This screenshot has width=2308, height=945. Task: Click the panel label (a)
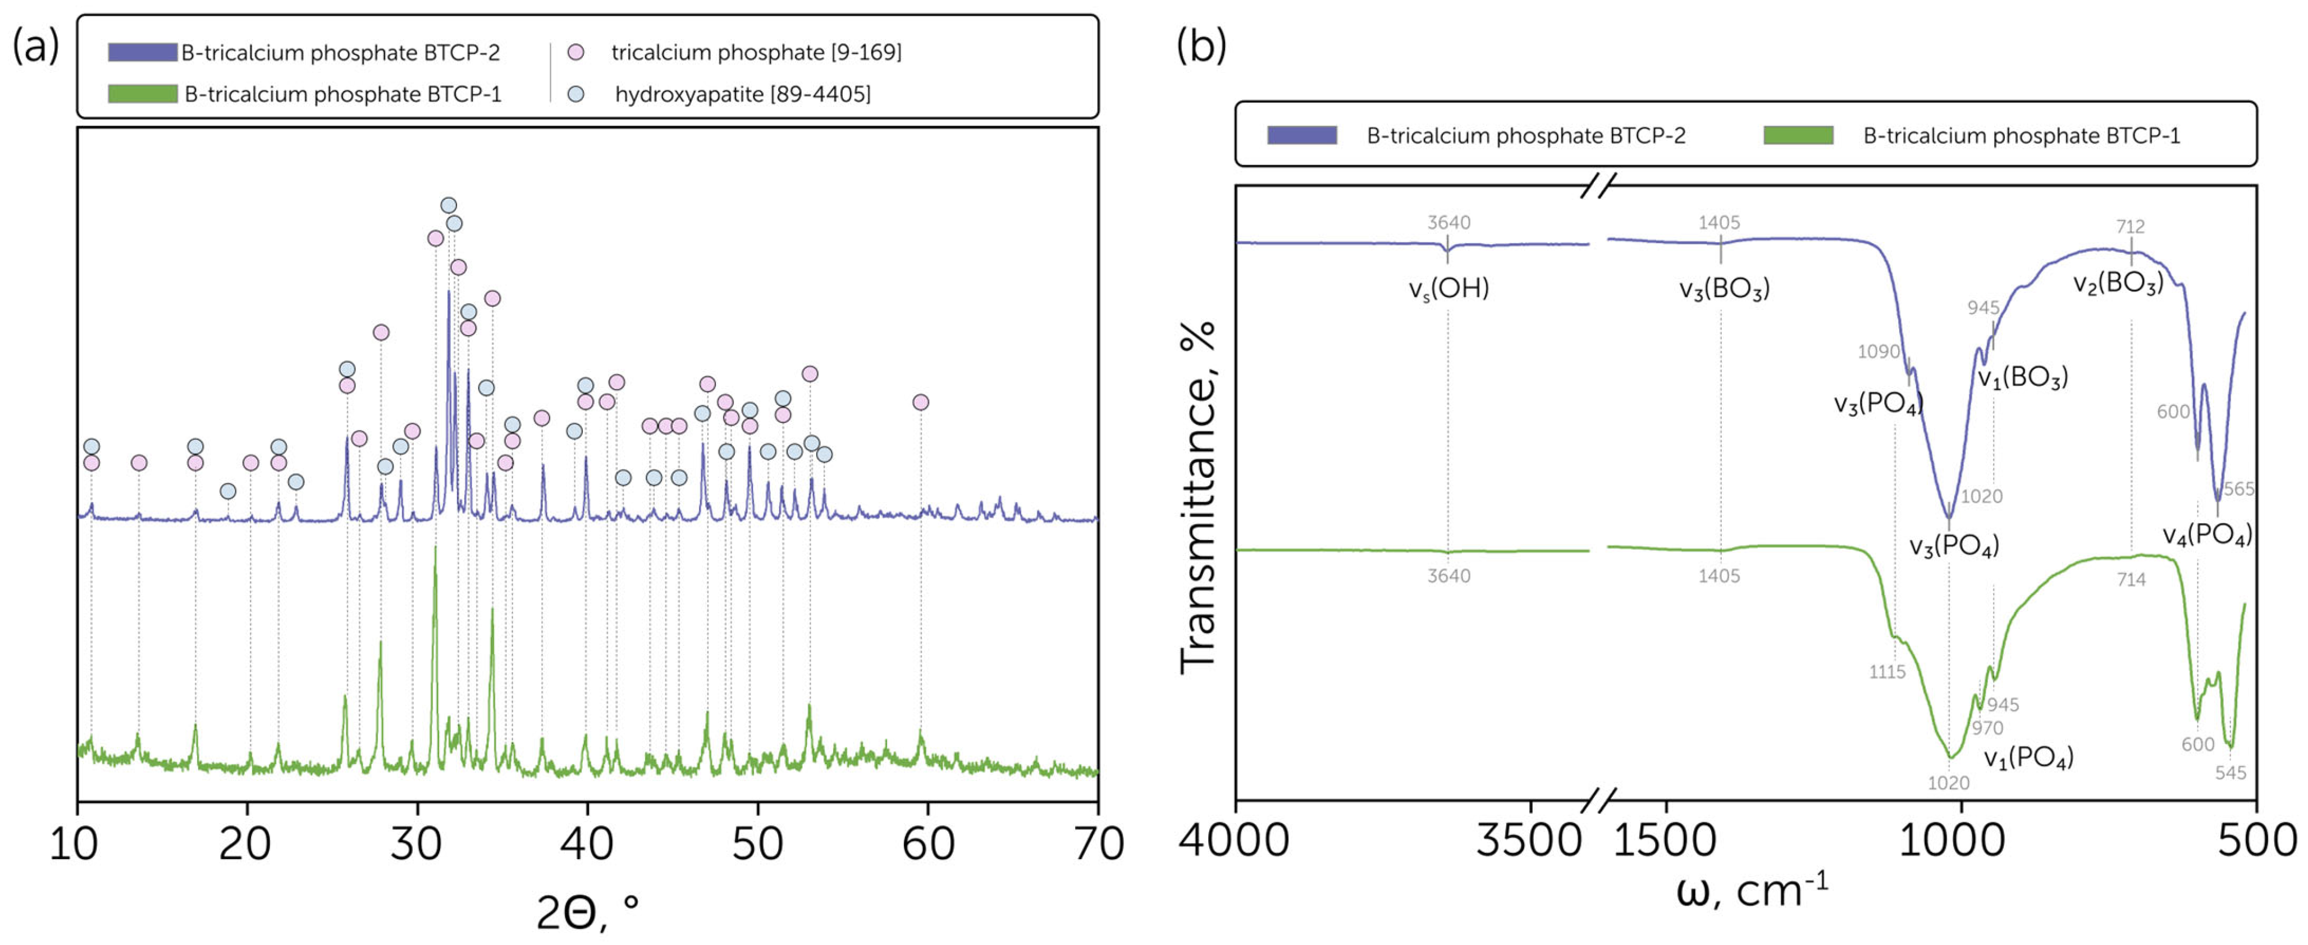tap(36, 45)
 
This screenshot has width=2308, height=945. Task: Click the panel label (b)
tap(1200, 45)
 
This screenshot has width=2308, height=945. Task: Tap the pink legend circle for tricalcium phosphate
tap(576, 52)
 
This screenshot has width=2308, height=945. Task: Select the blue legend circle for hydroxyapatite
tap(576, 93)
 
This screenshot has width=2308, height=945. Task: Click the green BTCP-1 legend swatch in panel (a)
tap(143, 93)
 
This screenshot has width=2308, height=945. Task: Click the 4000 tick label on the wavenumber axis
tap(1234, 840)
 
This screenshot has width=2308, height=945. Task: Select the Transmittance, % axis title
tap(1198, 497)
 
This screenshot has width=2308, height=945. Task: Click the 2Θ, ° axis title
tap(588, 912)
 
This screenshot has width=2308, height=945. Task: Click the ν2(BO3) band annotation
tap(2118, 283)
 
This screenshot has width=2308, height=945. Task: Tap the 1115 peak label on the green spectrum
tap(1887, 672)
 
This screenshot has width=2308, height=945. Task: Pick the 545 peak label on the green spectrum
tap(2230, 772)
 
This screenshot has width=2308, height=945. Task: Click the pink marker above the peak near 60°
tap(920, 402)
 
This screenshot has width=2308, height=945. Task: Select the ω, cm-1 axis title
tap(1752, 891)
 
